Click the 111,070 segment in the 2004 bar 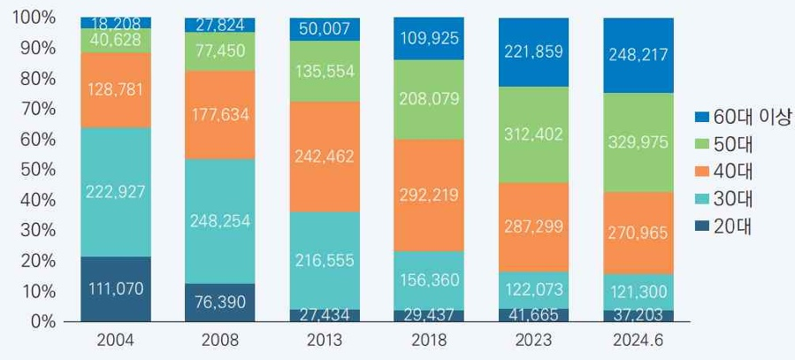coord(115,288)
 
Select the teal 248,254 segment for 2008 coord(219,221)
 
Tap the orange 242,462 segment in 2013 coord(325,157)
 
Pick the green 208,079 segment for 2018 coord(429,100)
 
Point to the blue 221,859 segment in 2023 coord(533,52)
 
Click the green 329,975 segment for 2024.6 coord(638,142)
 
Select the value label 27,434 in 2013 coord(325,315)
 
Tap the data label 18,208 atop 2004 coord(115,23)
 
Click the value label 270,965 coord(638,234)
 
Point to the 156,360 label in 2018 coord(429,280)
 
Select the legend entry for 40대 coord(732,171)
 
